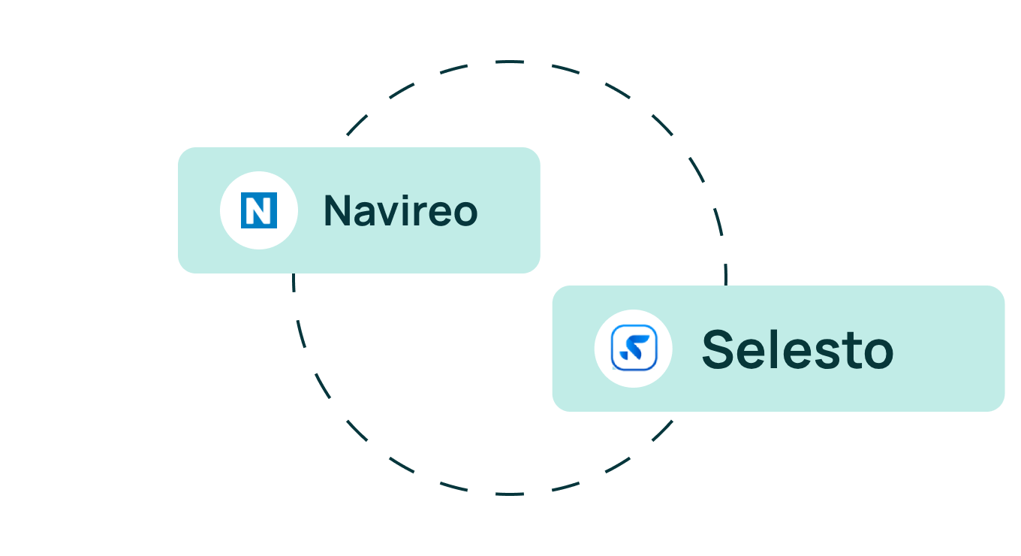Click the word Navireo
[x=401, y=210]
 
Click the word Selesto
[x=797, y=349]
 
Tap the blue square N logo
[x=259, y=210]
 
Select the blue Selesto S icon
[x=634, y=348]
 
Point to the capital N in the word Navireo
[x=337, y=210]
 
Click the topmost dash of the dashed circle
[x=510, y=62]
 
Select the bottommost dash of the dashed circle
[x=510, y=494]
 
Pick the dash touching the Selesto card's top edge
[x=726, y=274]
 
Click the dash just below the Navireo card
[x=294, y=283]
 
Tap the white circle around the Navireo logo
[x=259, y=210]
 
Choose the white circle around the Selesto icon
[x=634, y=349]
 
